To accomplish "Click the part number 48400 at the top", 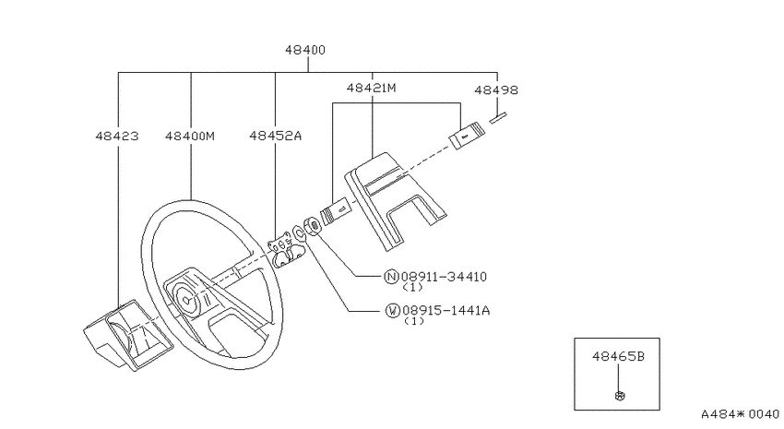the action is (305, 50).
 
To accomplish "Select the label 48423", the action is (117, 136).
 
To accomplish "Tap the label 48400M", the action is (190, 136).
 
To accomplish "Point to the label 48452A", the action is (276, 136).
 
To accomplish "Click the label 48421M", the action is (372, 88).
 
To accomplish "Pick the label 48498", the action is (496, 90).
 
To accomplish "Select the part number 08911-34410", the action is (444, 277).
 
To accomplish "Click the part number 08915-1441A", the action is (446, 311).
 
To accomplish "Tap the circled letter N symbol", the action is (391, 277).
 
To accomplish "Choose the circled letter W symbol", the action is (393, 311).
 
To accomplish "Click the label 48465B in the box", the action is (619, 356).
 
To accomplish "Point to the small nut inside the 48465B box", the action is (620, 396).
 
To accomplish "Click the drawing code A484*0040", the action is (740, 414).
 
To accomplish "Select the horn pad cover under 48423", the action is (128, 334).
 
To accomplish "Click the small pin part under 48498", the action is (498, 118).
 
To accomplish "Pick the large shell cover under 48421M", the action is (395, 200).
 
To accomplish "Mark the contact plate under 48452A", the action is (283, 249).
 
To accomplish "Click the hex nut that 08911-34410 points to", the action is (313, 226).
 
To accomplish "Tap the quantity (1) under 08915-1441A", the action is (414, 321).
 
